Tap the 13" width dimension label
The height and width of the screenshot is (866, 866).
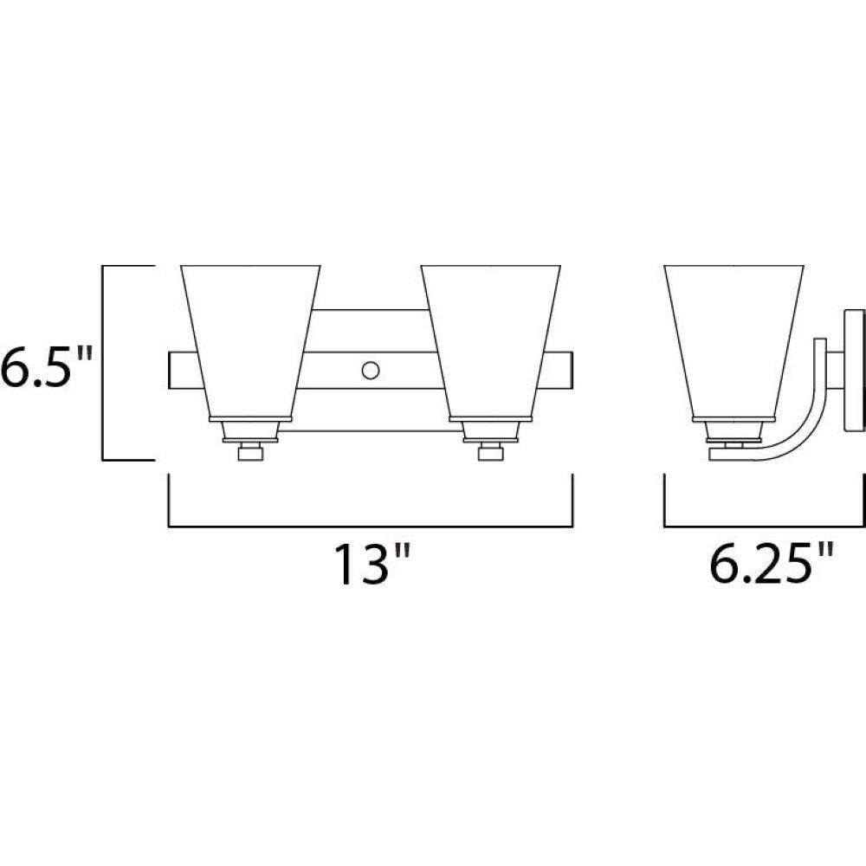pos(372,564)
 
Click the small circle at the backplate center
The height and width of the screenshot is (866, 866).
pos(371,370)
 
